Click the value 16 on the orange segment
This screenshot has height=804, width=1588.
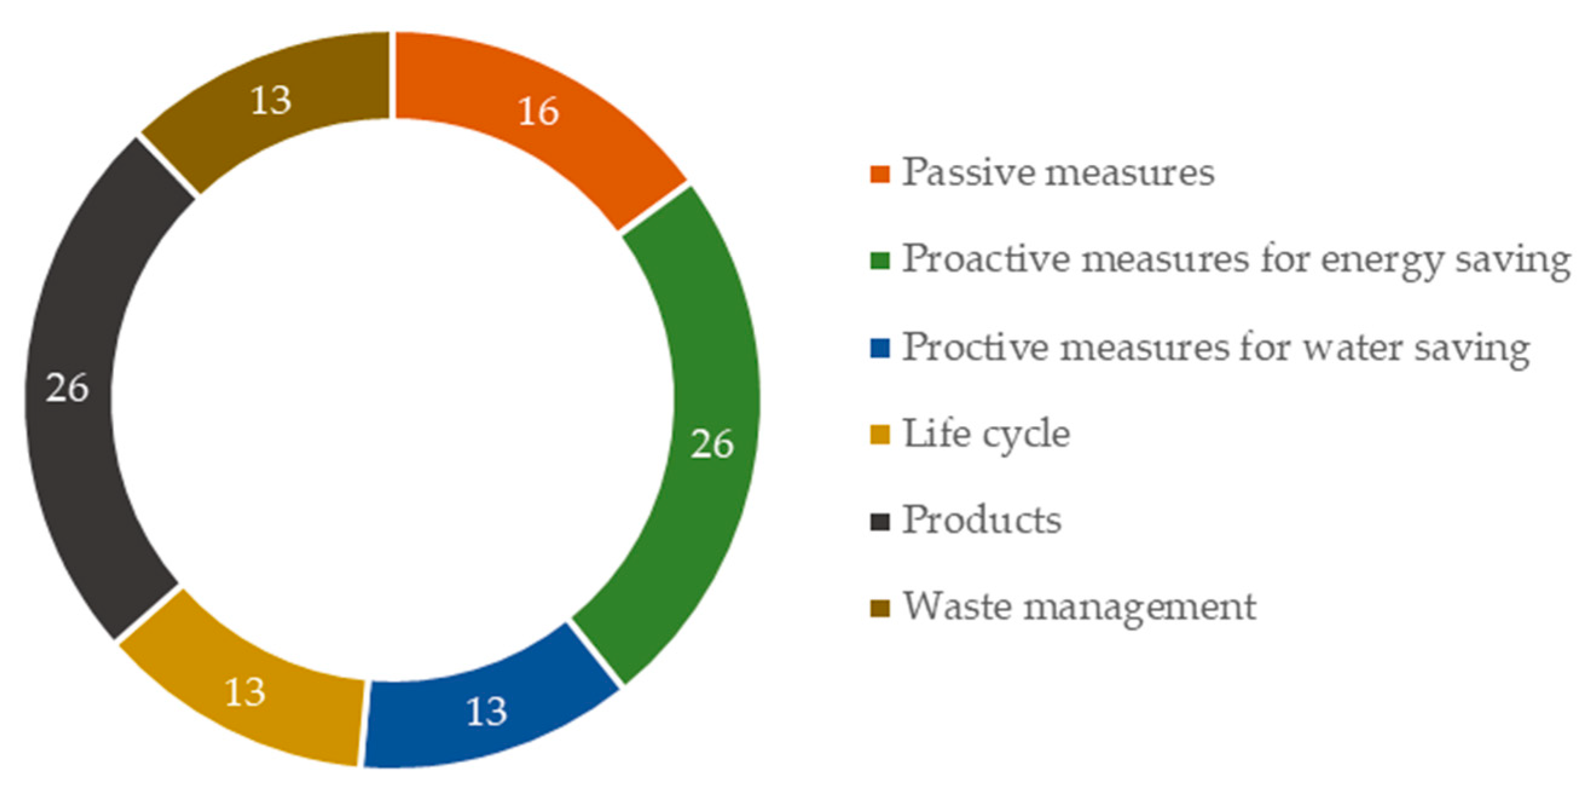(x=538, y=112)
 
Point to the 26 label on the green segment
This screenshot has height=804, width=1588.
(x=712, y=444)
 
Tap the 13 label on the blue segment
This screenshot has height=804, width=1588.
(x=486, y=711)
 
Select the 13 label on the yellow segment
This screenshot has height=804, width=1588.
(x=245, y=692)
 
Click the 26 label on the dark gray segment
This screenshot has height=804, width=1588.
(x=67, y=389)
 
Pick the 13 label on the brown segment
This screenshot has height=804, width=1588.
(x=271, y=100)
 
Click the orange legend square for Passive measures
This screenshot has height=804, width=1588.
(x=880, y=175)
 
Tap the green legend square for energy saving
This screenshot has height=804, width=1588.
(x=880, y=261)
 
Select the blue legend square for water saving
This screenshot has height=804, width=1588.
(x=880, y=348)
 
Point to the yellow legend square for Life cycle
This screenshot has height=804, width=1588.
(x=880, y=435)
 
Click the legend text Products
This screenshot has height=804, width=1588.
(x=982, y=520)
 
